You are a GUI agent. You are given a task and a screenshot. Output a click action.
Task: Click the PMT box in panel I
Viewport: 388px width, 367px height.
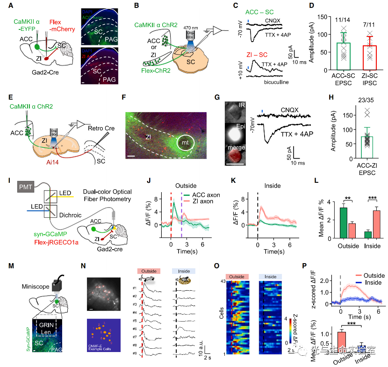[x=27, y=187]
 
